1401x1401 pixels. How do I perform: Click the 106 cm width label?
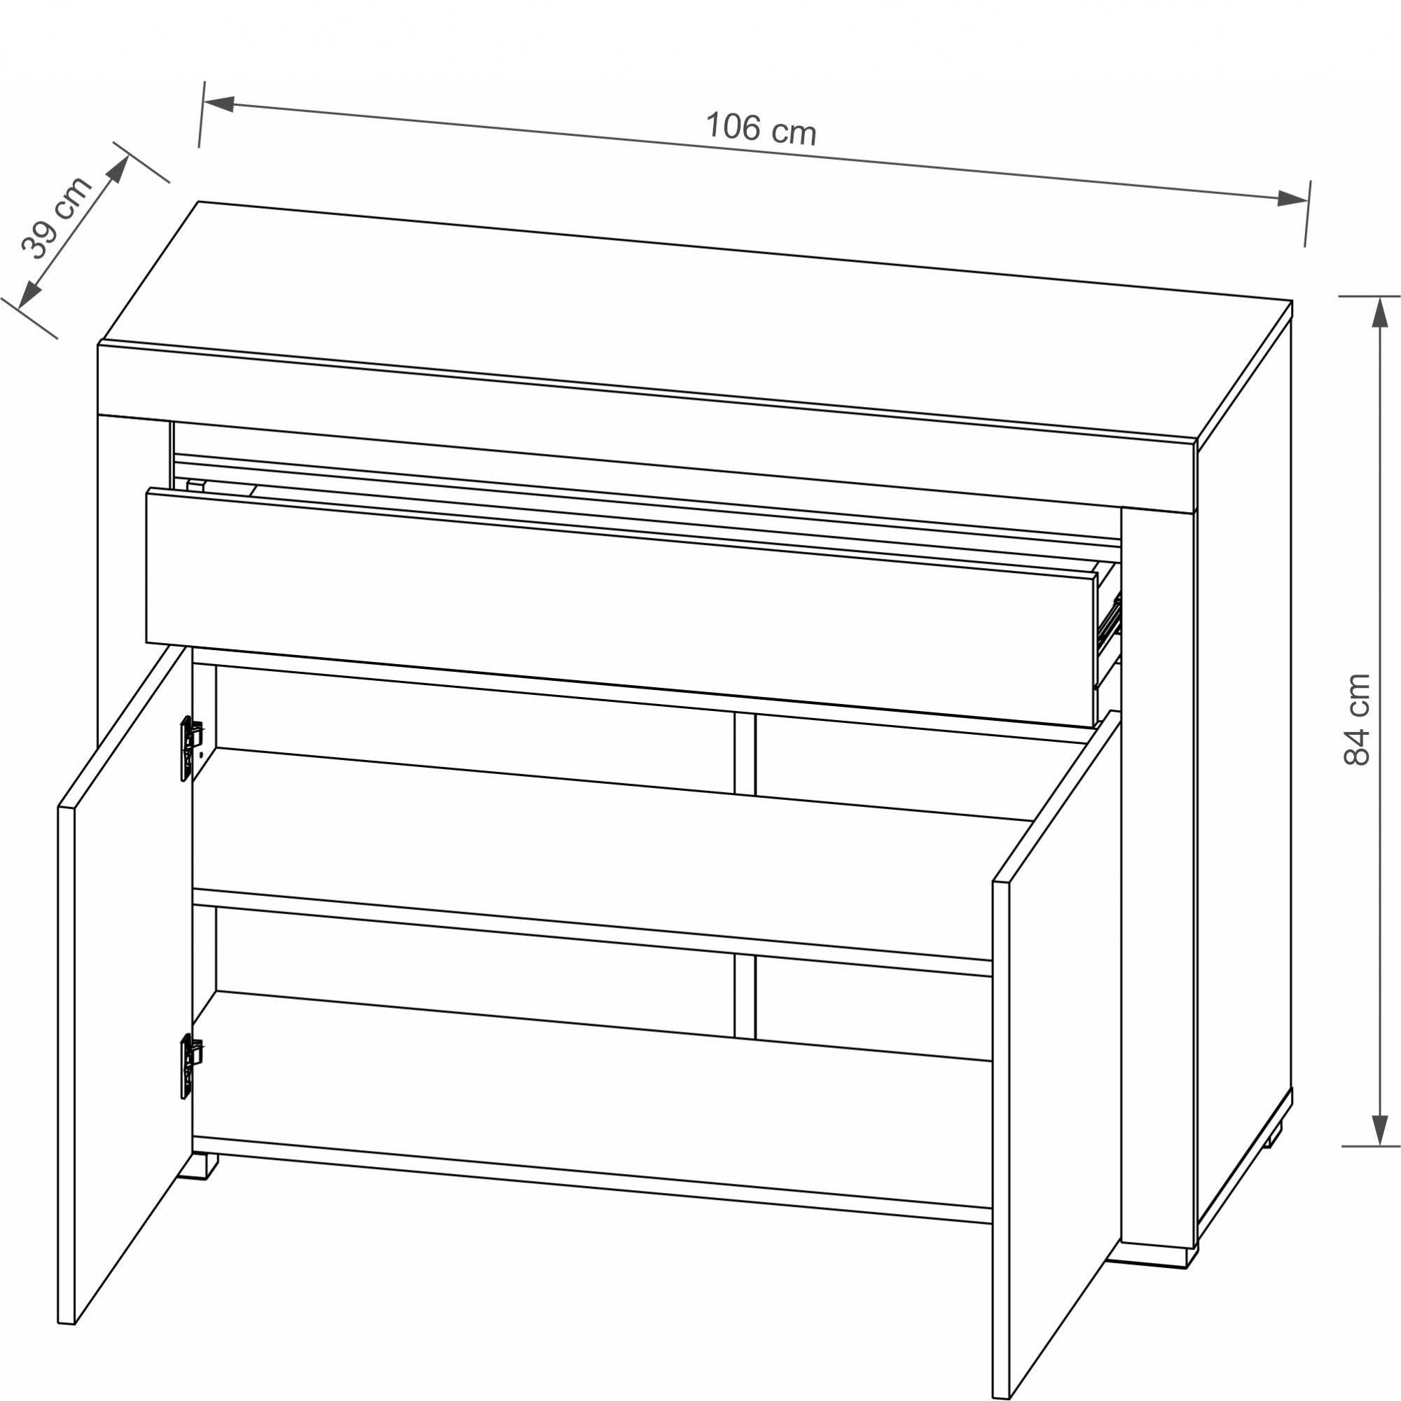click(761, 128)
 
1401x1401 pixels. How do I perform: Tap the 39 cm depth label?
click(56, 218)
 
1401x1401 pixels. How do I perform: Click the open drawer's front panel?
click(621, 607)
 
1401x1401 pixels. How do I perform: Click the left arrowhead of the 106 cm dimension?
click(219, 104)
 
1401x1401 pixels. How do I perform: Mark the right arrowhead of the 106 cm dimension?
click(1292, 198)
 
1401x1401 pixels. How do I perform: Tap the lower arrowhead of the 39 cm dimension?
click(29, 295)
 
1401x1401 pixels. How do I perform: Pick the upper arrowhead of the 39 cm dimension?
click(118, 169)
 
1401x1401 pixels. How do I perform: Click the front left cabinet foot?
click(198, 1166)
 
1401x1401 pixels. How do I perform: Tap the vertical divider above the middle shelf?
click(745, 754)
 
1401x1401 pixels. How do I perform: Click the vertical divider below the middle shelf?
click(745, 995)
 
